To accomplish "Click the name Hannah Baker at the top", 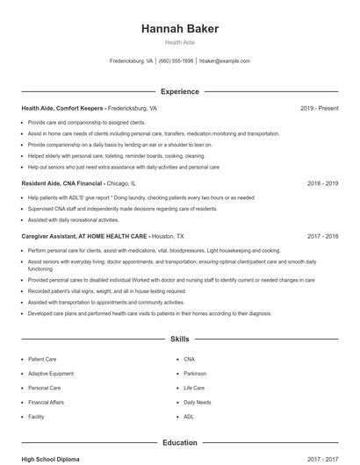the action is [x=179, y=29].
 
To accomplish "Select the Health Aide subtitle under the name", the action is [x=179, y=42].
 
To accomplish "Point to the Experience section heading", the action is [x=179, y=91].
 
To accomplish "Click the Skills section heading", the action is [x=179, y=338].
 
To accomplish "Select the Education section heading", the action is [x=179, y=443].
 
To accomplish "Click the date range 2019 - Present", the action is [x=319, y=108].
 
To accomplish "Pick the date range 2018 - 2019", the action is [x=322, y=184].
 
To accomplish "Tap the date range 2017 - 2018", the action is [x=322, y=236].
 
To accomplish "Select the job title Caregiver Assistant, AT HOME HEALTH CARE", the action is [x=84, y=236].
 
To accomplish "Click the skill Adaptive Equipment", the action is [x=50, y=373].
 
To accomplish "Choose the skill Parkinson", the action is [x=196, y=373].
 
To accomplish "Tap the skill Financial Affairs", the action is [x=47, y=402].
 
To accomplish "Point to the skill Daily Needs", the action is [x=198, y=402].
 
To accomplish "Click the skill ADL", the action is [x=189, y=417].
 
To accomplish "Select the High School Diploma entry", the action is [x=51, y=458].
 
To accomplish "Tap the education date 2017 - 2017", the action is [x=322, y=458].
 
